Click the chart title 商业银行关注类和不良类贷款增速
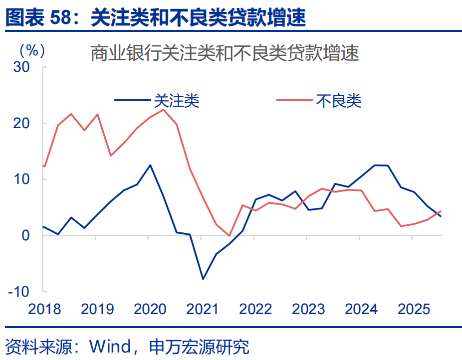pos(225,53)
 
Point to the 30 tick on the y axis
pos(22,67)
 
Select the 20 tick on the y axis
pos(22,123)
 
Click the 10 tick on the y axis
pos(22,179)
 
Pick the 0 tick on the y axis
pos(26,235)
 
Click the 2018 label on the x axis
pos(44,309)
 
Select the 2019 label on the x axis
pos(97,309)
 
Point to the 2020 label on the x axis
pos(150,309)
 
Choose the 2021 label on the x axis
pos(203,309)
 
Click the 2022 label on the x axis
pos(255,309)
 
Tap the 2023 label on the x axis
pos(308,309)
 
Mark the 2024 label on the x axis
pos(361,309)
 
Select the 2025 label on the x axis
pos(414,309)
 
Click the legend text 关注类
pos(177,101)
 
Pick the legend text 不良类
pos(338,101)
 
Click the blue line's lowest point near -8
pos(203,279)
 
